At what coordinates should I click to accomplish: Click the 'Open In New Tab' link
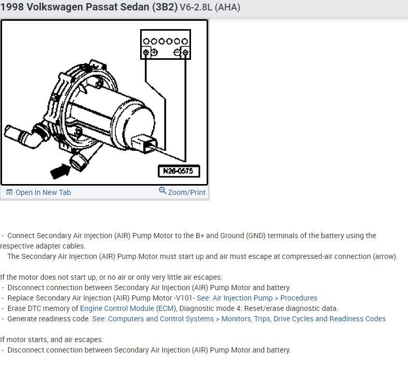click(x=43, y=192)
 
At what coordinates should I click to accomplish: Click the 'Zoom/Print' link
click(x=186, y=192)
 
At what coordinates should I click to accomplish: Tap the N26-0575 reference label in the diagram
click(x=179, y=171)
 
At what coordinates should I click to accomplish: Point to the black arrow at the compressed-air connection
click(x=60, y=168)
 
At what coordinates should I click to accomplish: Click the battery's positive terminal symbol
click(x=153, y=52)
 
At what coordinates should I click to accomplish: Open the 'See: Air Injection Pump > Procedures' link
click(x=257, y=298)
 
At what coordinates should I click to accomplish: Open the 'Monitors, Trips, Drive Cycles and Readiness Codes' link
click(x=304, y=319)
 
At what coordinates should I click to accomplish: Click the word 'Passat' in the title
click(x=96, y=8)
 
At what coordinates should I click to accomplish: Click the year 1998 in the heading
click(x=11, y=8)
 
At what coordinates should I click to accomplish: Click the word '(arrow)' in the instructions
click(x=384, y=256)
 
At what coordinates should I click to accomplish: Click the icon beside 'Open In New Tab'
click(x=9, y=192)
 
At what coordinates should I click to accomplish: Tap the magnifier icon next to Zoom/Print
click(x=162, y=191)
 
